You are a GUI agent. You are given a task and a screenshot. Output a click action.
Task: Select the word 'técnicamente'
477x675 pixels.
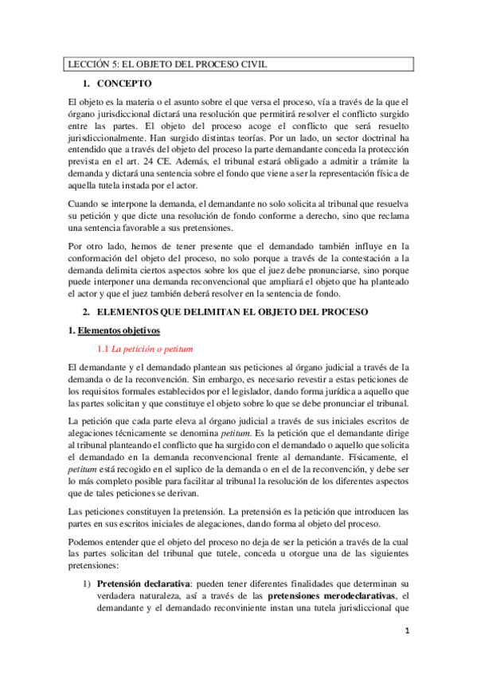(158, 430)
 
